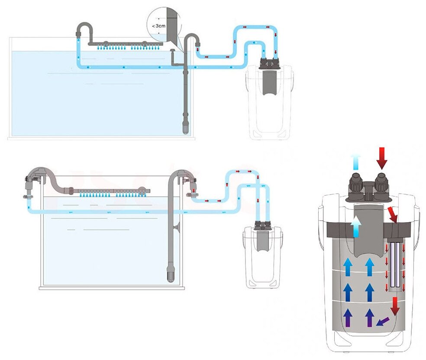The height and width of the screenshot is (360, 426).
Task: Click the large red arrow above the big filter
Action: (381, 158)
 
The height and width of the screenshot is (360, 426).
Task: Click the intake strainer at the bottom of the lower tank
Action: (169, 275)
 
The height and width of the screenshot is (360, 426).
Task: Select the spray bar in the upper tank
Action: (126, 43)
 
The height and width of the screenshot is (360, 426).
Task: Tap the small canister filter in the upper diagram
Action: (268, 100)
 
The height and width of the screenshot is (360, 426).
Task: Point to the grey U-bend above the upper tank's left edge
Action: (84, 29)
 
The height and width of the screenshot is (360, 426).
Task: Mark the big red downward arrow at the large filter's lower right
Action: (394, 306)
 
